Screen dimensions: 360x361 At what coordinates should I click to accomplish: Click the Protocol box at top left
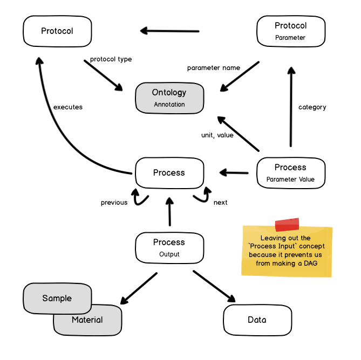(x=57, y=31)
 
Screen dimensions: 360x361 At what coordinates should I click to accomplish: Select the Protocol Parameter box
(x=290, y=31)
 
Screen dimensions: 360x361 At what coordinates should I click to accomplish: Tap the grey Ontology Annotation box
(x=169, y=98)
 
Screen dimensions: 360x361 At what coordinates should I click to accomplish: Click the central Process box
(x=169, y=173)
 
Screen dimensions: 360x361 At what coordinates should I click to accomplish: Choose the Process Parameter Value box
(x=290, y=173)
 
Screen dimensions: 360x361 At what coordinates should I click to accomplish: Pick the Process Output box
(x=169, y=247)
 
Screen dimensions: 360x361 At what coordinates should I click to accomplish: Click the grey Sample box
(x=57, y=298)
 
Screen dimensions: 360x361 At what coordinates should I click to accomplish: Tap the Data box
(x=257, y=320)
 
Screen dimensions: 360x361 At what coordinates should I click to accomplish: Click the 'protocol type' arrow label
(x=111, y=59)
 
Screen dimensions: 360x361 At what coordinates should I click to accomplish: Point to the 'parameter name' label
(x=214, y=68)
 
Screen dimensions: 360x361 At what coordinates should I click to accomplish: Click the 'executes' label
(x=68, y=107)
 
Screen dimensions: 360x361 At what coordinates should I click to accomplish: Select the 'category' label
(x=312, y=107)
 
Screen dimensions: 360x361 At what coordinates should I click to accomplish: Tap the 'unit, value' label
(x=217, y=135)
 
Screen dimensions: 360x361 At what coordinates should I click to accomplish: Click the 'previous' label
(x=114, y=203)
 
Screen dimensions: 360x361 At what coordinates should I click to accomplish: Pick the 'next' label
(x=220, y=203)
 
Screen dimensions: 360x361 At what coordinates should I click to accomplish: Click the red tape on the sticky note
(x=287, y=225)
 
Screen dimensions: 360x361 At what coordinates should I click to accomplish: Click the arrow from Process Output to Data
(x=214, y=286)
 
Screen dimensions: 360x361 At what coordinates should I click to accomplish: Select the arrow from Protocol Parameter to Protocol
(x=170, y=31)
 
